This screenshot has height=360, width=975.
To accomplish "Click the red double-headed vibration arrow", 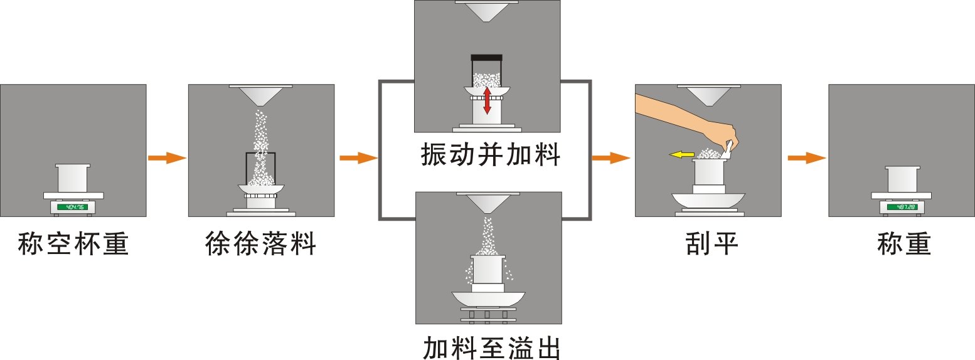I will coord(487,100).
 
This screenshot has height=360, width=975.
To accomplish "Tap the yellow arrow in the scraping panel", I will coord(681,154).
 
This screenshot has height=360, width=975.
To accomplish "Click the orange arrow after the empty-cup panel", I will coord(167,158).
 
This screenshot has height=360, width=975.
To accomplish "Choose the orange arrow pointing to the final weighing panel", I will coord(806,158).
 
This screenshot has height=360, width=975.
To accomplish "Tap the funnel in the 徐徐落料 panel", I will coord(261,95).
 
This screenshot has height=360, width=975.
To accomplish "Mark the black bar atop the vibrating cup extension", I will coord(486,58).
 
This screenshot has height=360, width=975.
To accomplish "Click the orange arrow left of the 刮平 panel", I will coord(610,158).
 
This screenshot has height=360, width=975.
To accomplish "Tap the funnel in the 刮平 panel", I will coord(708,95).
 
